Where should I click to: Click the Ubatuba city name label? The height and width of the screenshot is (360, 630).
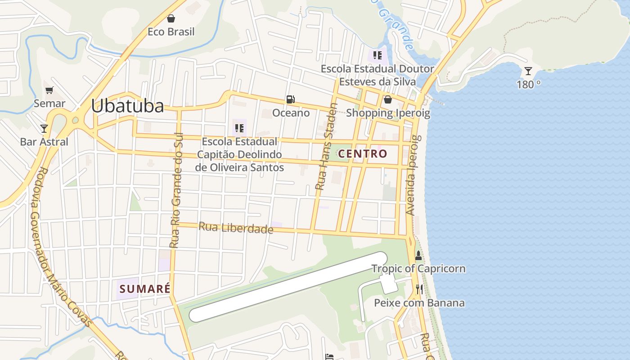tap(127, 106)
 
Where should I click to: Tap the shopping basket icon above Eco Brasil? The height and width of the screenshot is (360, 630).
tap(171, 18)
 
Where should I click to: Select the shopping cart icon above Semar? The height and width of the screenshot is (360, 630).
tap(49, 90)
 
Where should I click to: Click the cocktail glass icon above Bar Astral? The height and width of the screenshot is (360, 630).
tap(44, 129)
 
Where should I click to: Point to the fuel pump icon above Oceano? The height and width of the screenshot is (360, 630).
tap(291, 99)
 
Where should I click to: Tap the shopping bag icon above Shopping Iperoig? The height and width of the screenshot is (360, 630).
tap(387, 99)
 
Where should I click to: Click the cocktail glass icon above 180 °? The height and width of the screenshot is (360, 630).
tap(528, 71)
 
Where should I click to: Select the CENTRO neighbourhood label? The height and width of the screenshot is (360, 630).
tap(362, 154)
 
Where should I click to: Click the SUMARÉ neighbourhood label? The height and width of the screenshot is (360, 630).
tap(145, 289)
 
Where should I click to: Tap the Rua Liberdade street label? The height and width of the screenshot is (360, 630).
tap(236, 228)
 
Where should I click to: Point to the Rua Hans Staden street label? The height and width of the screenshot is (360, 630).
tap(326, 147)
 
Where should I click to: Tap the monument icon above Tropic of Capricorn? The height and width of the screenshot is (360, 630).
tap(418, 256)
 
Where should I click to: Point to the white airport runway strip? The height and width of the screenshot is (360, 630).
tap(288, 287)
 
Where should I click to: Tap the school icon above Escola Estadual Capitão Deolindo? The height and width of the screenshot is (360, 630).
tap(239, 128)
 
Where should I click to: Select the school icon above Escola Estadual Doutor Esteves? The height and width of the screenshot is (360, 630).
tap(377, 56)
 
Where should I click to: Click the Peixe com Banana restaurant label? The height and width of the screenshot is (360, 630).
tap(419, 303)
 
